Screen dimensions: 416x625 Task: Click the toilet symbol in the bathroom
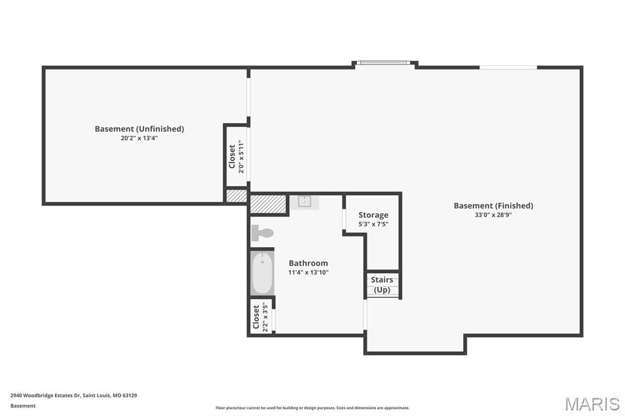pyautogui.click(x=262, y=232)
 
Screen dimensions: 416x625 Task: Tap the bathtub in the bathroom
pyautogui.click(x=262, y=273)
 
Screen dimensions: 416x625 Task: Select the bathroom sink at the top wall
pyautogui.click(x=303, y=202)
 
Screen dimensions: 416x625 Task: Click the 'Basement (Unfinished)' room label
pyautogui.click(x=139, y=129)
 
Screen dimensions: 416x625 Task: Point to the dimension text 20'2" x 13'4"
pyautogui.click(x=139, y=138)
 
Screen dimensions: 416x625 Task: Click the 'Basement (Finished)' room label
pyautogui.click(x=493, y=206)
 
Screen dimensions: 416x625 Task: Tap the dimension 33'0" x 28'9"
pyautogui.click(x=493, y=215)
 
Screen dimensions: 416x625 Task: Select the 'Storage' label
pyautogui.click(x=373, y=215)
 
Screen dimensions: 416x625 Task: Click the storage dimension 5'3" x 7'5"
pyautogui.click(x=373, y=224)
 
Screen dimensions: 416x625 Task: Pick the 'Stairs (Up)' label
pyautogui.click(x=382, y=284)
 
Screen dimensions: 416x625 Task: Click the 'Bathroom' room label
pyautogui.click(x=308, y=263)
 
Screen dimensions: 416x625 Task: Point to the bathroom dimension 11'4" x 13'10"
pyautogui.click(x=308, y=273)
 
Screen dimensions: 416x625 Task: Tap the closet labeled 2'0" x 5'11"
pyautogui.click(x=236, y=157)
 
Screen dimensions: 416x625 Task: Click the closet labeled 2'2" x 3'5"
pyautogui.click(x=261, y=316)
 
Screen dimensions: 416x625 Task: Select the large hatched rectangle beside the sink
pyautogui.click(x=268, y=204)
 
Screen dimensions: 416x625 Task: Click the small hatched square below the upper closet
pyautogui.click(x=236, y=196)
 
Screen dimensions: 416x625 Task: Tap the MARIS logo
pyautogui.click(x=591, y=404)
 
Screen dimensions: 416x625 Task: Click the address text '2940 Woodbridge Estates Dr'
pyautogui.click(x=46, y=395)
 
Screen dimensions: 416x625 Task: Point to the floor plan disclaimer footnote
pyautogui.click(x=312, y=408)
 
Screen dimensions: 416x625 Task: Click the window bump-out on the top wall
pyautogui.click(x=385, y=63)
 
